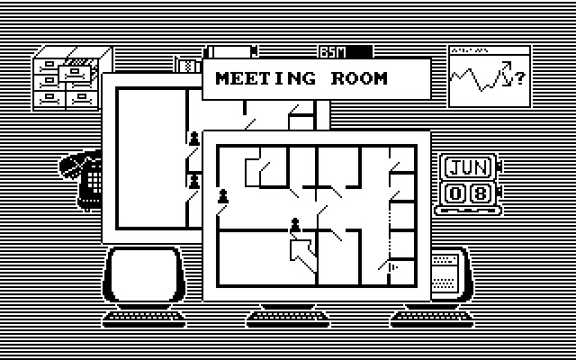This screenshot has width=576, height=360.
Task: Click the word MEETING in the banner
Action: [x=265, y=78]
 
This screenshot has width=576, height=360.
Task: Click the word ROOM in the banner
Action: [x=358, y=78]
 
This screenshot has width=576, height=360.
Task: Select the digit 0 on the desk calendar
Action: [x=457, y=193]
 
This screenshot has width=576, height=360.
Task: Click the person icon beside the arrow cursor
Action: [x=294, y=224]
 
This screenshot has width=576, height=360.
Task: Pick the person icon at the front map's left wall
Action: [x=223, y=196]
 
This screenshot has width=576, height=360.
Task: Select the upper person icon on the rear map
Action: [x=193, y=138]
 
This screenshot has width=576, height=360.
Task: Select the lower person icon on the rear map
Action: [x=193, y=182]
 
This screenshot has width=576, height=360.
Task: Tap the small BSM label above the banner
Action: [x=332, y=52]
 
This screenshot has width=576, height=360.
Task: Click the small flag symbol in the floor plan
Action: [x=392, y=266]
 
